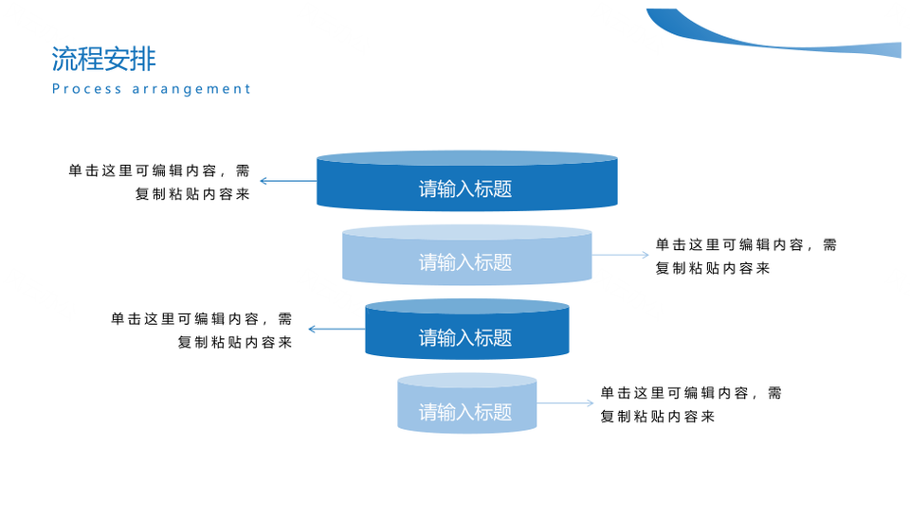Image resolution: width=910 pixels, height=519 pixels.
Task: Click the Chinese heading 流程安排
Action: point(104,59)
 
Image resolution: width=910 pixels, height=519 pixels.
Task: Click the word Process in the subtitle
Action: point(87,89)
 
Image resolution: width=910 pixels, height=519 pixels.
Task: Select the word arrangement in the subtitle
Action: point(191,89)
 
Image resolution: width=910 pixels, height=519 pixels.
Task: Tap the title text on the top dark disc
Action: point(465,188)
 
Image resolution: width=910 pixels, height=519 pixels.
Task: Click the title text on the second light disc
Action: point(465,262)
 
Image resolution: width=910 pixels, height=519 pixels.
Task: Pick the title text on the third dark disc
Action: point(465,337)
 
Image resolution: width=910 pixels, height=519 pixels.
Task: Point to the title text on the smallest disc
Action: point(465,412)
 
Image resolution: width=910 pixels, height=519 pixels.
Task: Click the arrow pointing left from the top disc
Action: point(288,181)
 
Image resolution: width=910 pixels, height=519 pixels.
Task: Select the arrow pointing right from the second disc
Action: point(620,255)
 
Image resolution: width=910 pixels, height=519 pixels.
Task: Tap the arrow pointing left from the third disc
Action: point(337,329)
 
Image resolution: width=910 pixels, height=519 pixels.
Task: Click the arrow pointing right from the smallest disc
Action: point(565,403)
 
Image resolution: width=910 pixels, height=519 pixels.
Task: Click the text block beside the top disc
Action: point(159,182)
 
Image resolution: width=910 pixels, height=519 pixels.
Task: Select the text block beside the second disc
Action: point(746,256)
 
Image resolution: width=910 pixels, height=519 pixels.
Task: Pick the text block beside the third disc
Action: point(201,331)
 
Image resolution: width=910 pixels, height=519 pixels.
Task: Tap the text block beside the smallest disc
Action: point(691,404)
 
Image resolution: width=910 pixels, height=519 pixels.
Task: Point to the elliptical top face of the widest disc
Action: point(467,158)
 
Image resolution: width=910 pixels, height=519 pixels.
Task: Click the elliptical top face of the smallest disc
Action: point(467,381)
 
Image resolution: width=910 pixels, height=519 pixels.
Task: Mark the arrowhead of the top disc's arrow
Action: point(264,181)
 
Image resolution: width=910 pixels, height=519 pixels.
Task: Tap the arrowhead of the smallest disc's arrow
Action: point(591,403)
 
